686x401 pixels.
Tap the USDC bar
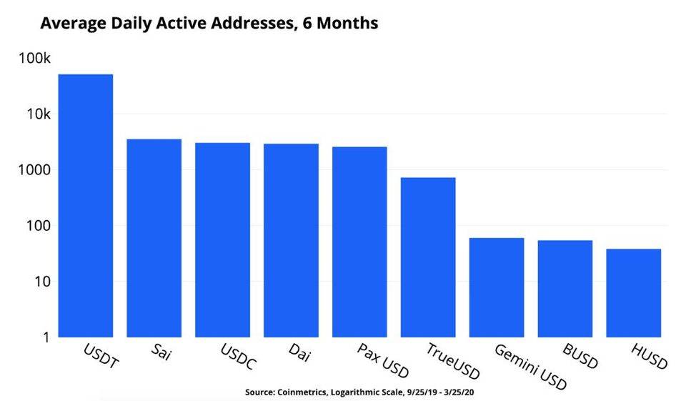click(x=222, y=239)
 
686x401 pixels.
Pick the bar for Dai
click(x=291, y=240)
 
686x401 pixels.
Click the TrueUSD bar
click(x=428, y=257)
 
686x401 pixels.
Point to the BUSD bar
click(x=565, y=289)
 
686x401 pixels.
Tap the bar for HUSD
click(x=634, y=293)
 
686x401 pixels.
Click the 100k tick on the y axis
click(x=33, y=59)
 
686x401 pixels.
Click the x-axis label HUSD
click(x=649, y=355)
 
